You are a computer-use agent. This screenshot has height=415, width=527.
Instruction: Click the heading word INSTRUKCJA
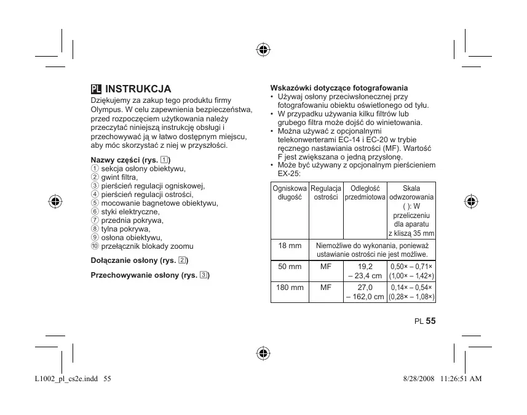pos(138,89)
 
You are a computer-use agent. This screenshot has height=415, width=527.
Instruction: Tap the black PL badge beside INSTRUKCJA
pos(96,89)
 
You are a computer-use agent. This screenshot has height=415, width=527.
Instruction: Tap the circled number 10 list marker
pos(95,246)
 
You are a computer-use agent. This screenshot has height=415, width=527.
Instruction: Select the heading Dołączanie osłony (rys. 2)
pos(139,260)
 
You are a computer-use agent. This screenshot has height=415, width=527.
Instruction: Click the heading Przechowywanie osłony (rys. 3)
pos(150,275)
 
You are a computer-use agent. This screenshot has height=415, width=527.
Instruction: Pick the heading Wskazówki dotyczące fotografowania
pos(339,88)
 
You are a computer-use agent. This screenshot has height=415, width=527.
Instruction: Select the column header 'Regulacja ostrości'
pos(326,192)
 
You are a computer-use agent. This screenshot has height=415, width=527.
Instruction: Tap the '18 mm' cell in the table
pos(290,246)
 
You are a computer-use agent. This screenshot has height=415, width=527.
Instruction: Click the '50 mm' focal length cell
pos(290,267)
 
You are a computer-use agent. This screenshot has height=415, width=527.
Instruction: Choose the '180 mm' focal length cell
pos(290,288)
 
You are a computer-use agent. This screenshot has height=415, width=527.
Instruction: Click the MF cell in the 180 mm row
pos(326,288)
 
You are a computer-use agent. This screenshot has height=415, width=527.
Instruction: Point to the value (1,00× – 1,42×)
pos(411,276)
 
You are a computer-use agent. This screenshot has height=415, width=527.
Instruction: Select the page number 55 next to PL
pos(430,321)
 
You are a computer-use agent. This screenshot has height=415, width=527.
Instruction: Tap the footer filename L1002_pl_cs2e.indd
pos(63,378)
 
